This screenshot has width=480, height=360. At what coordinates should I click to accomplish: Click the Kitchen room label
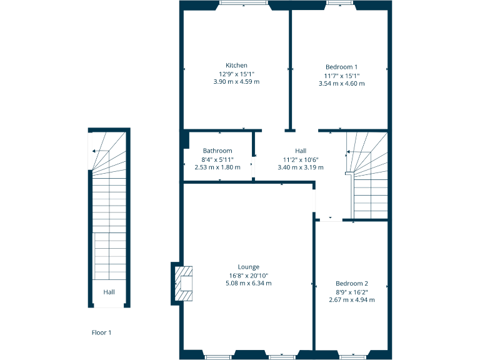tap(236, 66)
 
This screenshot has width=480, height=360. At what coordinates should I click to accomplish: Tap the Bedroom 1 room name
tap(341, 67)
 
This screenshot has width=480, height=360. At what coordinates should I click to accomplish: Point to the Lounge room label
tap(248, 267)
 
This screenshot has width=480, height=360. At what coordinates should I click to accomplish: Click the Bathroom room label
tap(217, 151)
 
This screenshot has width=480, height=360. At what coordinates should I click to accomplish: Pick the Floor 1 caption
tap(101, 332)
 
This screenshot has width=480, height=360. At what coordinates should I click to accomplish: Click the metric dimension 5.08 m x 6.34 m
tap(248, 283)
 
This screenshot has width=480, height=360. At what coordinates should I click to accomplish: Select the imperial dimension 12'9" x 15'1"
tap(236, 74)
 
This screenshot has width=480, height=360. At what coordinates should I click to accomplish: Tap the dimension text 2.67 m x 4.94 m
tap(351, 299)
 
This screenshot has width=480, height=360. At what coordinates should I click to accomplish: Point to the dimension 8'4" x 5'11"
tap(217, 159)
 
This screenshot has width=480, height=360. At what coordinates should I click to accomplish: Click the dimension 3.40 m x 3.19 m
tap(301, 167)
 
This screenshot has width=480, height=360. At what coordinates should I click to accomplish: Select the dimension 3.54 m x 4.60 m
tap(341, 83)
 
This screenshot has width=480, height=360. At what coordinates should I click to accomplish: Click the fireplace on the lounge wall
tap(183, 283)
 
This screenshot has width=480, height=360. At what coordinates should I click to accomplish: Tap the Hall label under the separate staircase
tap(109, 292)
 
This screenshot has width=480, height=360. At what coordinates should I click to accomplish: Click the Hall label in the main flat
tap(301, 151)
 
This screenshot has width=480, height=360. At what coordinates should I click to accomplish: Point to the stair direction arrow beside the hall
tap(352, 152)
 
